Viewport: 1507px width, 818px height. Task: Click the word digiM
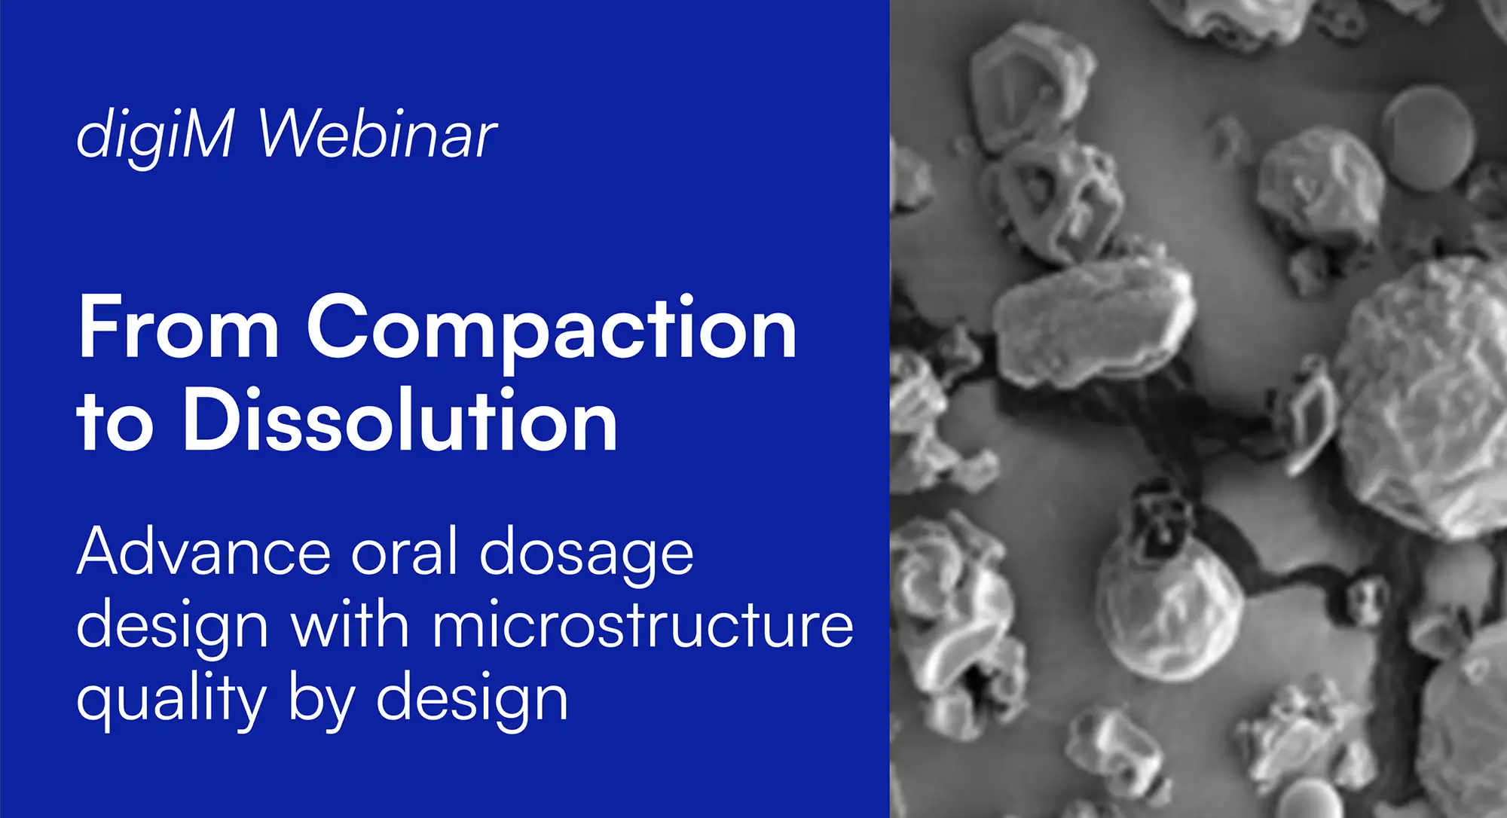pyautogui.click(x=155, y=136)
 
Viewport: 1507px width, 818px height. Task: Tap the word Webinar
pyautogui.click(x=377, y=136)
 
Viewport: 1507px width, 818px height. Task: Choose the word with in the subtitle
pyautogui.click(x=350, y=625)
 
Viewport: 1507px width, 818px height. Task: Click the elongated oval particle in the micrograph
pyautogui.click(x=1093, y=320)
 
